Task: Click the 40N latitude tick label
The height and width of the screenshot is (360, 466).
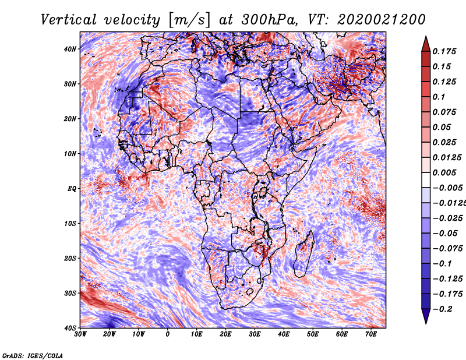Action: [x=70, y=49]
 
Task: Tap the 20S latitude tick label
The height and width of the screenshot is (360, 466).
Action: [x=70, y=258]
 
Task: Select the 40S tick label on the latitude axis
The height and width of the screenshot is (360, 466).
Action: [x=70, y=327]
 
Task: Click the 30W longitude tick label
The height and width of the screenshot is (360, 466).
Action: [x=80, y=334]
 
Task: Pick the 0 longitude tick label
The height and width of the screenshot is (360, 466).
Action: [x=168, y=334]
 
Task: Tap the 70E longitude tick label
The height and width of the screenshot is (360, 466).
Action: [x=370, y=334]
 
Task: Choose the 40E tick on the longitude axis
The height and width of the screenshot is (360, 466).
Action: [x=284, y=334]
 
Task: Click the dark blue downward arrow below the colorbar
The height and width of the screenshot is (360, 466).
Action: [x=426, y=316]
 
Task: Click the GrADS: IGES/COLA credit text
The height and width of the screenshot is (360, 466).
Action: [x=32, y=355]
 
